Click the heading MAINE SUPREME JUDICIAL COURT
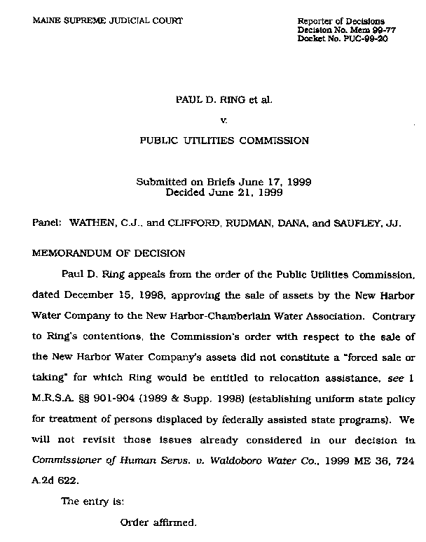[107, 21]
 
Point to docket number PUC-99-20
[366, 39]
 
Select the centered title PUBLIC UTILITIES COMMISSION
[224, 141]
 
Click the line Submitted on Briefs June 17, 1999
[224, 182]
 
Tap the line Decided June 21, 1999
[224, 191]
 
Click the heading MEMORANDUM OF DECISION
[109, 253]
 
